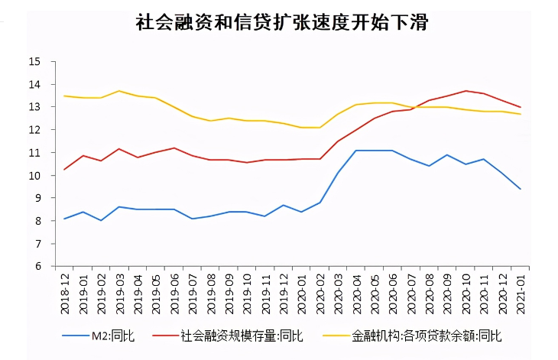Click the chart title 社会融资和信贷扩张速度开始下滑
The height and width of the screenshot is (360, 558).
(x=281, y=23)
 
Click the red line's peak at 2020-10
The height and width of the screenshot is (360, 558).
(x=466, y=91)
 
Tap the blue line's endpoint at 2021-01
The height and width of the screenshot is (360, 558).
(x=521, y=189)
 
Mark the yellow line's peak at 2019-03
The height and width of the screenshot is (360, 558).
(x=119, y=91)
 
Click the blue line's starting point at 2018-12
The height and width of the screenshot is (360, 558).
(x=64, y=219)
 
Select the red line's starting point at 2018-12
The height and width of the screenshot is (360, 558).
(x=64, y=170)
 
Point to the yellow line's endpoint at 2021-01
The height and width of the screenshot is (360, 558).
(x=521, y=114)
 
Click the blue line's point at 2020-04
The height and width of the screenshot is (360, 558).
(x=356, y=151)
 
